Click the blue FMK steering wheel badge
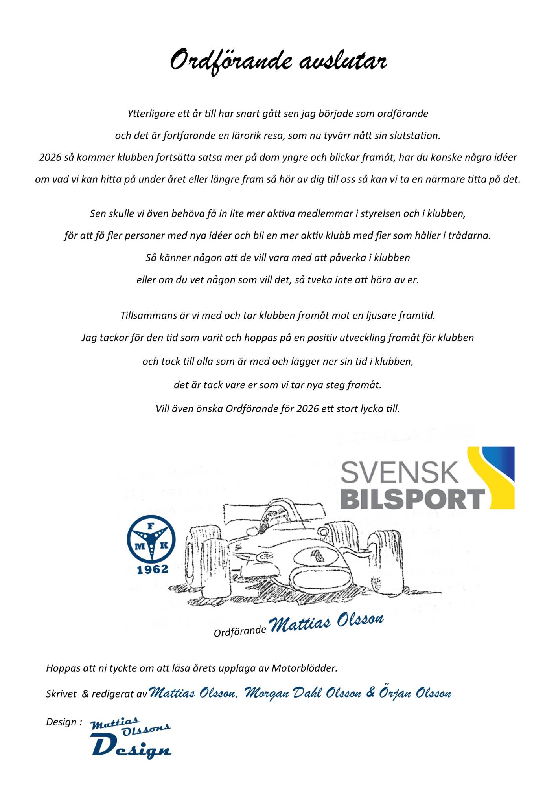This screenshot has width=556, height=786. pos(151,538)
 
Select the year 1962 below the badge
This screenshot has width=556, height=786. pos(152,569)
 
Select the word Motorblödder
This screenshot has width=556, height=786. pos(304,668)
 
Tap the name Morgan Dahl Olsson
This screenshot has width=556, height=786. pos(303,693)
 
